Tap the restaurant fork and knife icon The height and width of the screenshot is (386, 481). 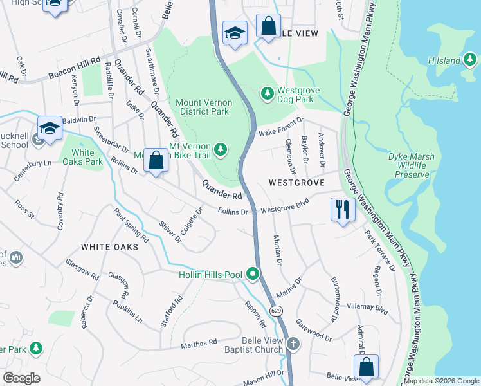click(342, 209)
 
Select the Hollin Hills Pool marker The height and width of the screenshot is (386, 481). click(253, 275)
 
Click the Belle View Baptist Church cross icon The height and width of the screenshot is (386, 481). click(293, 344)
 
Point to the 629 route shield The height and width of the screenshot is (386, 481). click(276, 311)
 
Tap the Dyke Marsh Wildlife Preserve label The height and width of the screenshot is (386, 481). click(412, 165)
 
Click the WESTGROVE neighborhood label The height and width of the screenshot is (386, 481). click(295, 183)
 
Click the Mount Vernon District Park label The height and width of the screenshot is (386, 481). click(203, 107)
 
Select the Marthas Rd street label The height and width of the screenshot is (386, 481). click(199, 344)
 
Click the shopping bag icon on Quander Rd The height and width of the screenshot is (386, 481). click(156, 161)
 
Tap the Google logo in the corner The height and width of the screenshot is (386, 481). click(22, 378)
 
